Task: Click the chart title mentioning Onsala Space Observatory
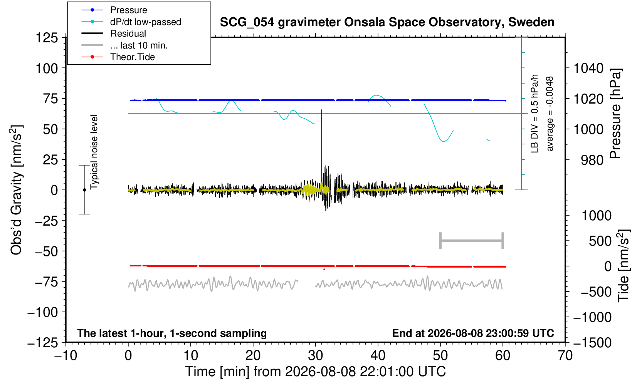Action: (x=387, y=22)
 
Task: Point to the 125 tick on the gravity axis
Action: (x=47, y=37)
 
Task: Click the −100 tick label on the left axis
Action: (x=43, y=312)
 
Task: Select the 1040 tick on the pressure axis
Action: (x=588, y=68)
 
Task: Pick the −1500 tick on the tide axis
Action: (x=592, y=343)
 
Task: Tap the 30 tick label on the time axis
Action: (x=316, y=356)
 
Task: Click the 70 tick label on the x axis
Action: (x=565, y=356)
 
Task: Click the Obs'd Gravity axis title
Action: (x=16, y=190)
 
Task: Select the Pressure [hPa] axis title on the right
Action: (x=615, y=114)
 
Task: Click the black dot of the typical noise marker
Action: (x=84, y=190)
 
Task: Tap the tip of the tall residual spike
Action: (x=322, y=109)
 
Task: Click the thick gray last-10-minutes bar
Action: (x=472, y=241)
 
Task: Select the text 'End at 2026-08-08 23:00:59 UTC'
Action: (x=473, y=333)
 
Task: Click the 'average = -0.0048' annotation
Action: (x=550, y=114)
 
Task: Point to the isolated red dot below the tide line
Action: (x=324, y=270)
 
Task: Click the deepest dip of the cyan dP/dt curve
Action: (x=444, y=141)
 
